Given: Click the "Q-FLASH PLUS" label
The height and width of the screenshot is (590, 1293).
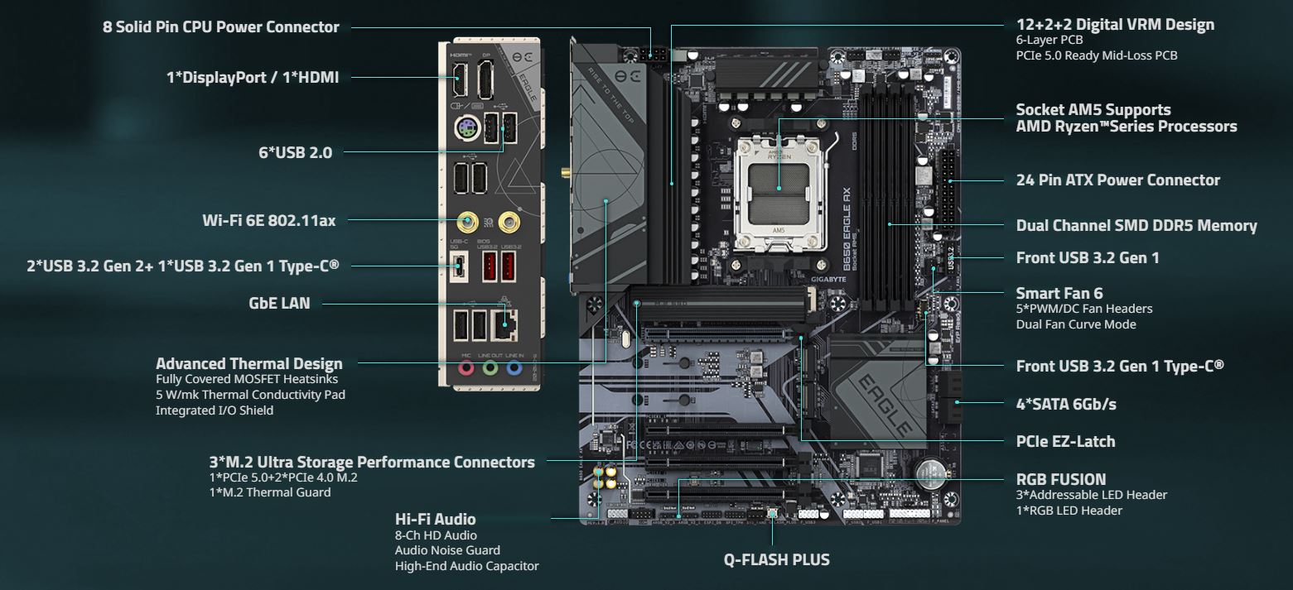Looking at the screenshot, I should coord(776,560).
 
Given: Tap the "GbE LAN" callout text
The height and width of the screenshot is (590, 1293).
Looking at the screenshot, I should coord(279,303).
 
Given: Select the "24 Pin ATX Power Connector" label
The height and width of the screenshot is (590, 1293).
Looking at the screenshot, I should coord(1117,180).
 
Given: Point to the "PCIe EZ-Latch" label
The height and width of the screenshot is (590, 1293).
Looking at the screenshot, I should coord(1065,441).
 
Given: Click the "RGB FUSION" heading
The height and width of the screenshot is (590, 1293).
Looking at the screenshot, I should coord(1060,479).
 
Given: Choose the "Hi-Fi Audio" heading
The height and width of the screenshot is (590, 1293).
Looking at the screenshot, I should coord(436,519).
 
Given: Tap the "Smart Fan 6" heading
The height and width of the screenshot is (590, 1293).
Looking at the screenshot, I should coord(1059,293).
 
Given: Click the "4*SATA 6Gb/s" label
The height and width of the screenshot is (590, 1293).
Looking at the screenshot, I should coord(1066,404).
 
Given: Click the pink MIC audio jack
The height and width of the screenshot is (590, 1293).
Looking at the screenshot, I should coord(466,367).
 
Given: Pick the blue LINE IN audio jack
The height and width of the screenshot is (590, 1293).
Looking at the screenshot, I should coord(514,367).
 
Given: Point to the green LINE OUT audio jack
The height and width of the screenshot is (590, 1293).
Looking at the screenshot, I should coord(490,367).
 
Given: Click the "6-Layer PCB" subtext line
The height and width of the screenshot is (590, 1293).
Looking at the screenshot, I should coord(1049,40).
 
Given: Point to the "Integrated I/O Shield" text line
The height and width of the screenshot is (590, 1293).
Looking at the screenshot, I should coord(214,410).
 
